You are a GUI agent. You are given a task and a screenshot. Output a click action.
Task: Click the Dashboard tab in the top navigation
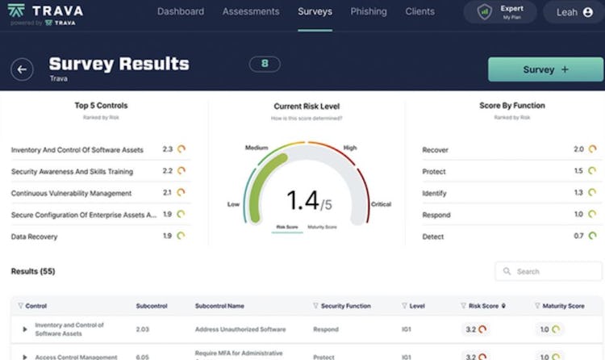[x=180, y=12]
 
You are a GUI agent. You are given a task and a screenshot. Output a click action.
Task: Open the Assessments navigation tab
[x=251, y=12]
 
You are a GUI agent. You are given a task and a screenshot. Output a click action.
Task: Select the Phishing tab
[x=369, y=12]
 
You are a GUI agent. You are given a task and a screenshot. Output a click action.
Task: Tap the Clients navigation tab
[x=420, y=12]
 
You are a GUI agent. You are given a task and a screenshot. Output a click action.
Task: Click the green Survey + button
[x=545, y=69]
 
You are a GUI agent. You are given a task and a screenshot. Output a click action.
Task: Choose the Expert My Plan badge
[x=500, y=12]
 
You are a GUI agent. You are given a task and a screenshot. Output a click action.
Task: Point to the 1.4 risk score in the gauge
[x=302, y=200]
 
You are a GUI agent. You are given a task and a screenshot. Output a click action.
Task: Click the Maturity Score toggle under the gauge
[x=323, y=227]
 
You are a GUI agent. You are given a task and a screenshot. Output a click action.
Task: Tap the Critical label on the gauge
[x=381, y=204]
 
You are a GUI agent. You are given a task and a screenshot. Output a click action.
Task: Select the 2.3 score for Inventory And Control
[x=168, y=149]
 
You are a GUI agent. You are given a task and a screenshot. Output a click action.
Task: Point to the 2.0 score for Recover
[x=579, y=149]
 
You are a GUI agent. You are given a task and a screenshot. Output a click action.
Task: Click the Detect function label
[x=434, y=237]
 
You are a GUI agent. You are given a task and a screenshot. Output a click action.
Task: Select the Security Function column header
[x=345, y=306]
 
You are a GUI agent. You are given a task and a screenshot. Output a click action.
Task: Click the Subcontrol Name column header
[x=219, y=306]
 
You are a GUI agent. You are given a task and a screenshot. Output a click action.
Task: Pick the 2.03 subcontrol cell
[x=143, y=329]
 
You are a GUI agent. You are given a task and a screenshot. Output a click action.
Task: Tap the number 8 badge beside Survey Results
[x=265, y=64]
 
